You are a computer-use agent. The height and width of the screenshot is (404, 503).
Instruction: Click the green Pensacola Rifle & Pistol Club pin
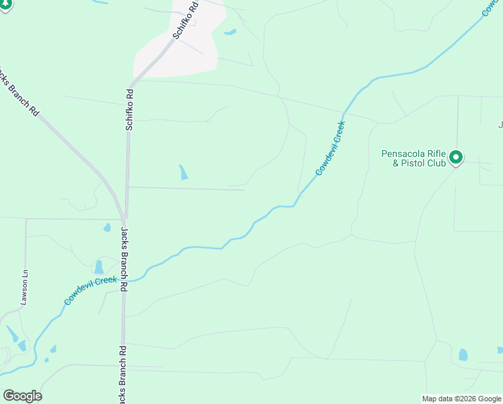pos(456,158)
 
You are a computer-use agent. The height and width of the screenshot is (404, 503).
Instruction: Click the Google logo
pos(22,395)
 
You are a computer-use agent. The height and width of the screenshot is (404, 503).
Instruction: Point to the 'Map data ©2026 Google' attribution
pos(462,399)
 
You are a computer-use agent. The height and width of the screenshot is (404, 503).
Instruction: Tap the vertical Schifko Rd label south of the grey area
pos(128,110)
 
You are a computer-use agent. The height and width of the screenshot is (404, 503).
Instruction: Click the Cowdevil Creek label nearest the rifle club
pos(330,148)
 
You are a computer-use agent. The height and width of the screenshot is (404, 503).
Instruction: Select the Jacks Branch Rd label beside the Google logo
pos(123,374)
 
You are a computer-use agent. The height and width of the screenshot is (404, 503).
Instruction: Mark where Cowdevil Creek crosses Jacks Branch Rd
pos(123,280)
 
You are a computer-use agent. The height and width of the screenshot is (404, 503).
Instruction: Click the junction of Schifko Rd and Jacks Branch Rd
pos(124,216)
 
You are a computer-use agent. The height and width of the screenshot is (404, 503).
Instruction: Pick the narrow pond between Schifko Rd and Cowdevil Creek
pos(183,172)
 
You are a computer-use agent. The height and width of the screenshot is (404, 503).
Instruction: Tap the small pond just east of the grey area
pos(230,32)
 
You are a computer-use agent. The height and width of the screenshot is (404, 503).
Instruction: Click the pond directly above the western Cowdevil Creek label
pos(100,267)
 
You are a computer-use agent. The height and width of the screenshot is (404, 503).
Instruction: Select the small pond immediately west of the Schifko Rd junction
pos(107,228)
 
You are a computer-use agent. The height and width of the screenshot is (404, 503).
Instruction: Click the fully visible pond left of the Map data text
pos(463,355)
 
